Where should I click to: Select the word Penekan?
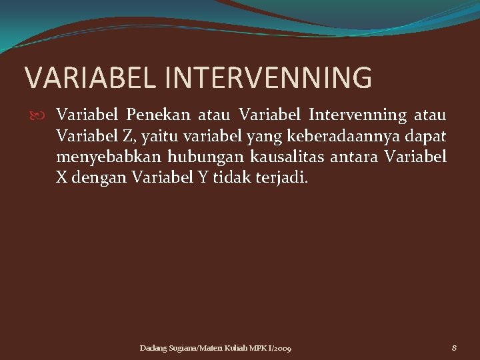pyautogui.click(x=156, y=115)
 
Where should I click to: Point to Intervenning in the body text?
pyautogui.click(x=357, y=115)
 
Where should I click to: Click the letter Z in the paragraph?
pyautogui.click(x=126, y=137)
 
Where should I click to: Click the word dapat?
pyautogui.click(x=427, y=137)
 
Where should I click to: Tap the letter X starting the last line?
pyautogui.click(x=62, y=179)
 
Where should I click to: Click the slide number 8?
pyautogui.click(x=454, y=348)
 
